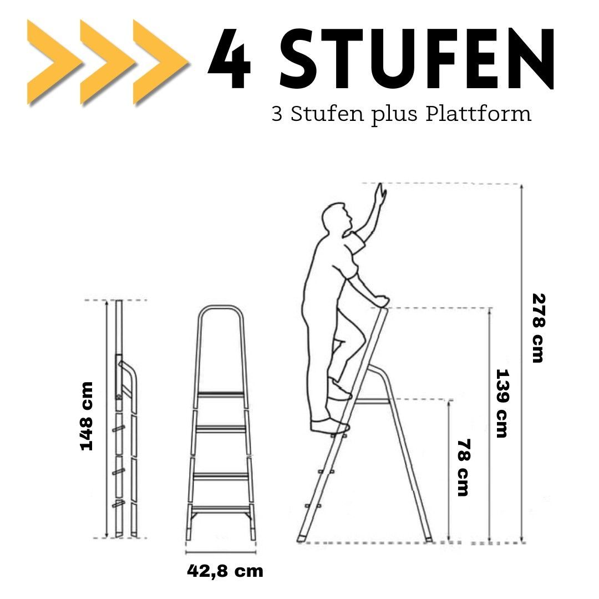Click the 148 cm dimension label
pyautogui.click(x=87, y=416)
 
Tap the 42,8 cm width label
pyautogui.click(x=225, y=571)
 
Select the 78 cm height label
pyautogui.click(x=463, y=467)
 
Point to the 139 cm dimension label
pyautogui.click(x=501, y=403)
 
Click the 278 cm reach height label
pyautogui.click(x=538, y=328)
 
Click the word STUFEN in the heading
pyautogui.click(x=417, y=58)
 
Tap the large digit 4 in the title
pyautogui.click(x=229, y=58)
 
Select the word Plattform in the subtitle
pyautogui.click(x=478, y=114)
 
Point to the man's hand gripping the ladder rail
pyautogui.click(x=379, y=301)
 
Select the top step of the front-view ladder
pyautogui.click(x=221, y=395)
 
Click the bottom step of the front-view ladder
pyautogui.click(x=220, y=508)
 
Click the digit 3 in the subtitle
pyautogui.click(x=277, y=114)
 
